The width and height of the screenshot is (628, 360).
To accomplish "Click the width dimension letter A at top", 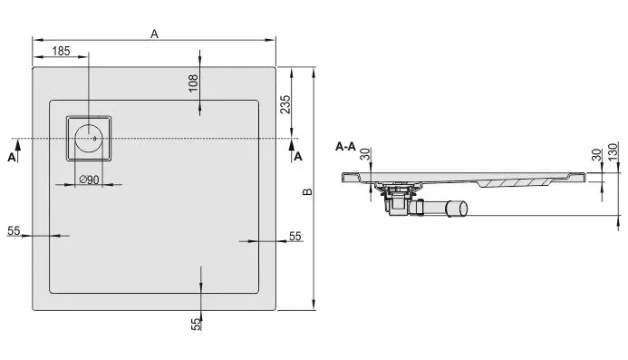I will click(x=155, y=34).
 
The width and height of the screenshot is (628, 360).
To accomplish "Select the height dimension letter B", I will click(x=306, y=191).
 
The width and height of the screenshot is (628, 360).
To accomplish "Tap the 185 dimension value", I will click(x=61, y=51).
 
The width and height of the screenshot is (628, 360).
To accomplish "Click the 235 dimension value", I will click(x=285, y=105).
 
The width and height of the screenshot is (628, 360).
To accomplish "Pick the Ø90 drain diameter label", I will click(x=89, y=179).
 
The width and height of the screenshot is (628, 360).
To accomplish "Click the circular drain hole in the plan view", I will click(x=89, y=140).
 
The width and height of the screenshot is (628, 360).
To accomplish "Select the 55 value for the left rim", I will click(x=14, y=231).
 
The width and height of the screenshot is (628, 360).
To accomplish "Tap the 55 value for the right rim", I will click(x=295, y=236).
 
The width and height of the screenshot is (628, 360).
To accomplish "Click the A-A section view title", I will click(x=346, y=146).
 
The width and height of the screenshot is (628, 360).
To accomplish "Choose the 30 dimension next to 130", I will click(x=595, y=154).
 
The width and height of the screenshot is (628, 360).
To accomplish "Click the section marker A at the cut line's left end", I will click(x=12, y=156).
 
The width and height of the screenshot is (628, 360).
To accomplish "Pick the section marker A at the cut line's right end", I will click(x=297, y=156).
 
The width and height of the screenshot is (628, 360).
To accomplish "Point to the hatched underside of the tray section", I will click(x=517, y=184).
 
